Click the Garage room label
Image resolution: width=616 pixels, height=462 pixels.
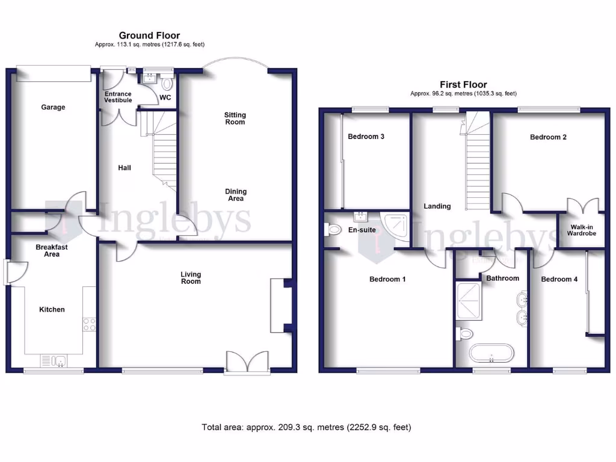[53, 107]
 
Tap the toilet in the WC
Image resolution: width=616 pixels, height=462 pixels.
[167, 83]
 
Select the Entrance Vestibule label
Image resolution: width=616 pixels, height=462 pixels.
[118, 97]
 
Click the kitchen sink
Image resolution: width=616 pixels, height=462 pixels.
[58, 361]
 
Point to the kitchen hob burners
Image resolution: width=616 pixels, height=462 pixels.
[89, 324]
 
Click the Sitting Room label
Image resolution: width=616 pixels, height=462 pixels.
[235, 119]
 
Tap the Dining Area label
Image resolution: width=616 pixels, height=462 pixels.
[236, 195]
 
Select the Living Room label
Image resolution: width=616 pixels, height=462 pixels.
[191, 278]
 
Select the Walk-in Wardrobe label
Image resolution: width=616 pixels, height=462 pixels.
[581, 229]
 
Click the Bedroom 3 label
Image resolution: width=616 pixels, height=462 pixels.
[366, 137]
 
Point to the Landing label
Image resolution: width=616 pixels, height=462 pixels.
[437, 206]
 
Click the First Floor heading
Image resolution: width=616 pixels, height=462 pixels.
[463, 85]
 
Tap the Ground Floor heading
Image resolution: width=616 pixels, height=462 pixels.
[149, 35]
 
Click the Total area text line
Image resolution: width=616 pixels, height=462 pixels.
[306, 428]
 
